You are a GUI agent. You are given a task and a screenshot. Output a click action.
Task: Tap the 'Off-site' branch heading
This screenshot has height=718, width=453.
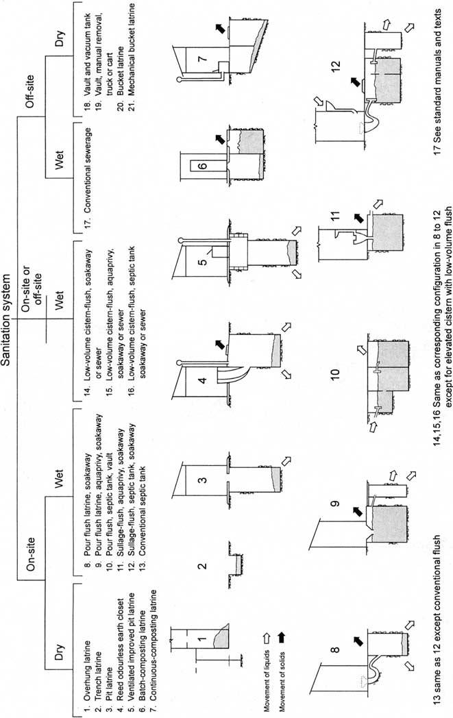pos(31,91)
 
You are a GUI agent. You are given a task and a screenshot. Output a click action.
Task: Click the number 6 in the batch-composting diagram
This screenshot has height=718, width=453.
pos(202,165)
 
